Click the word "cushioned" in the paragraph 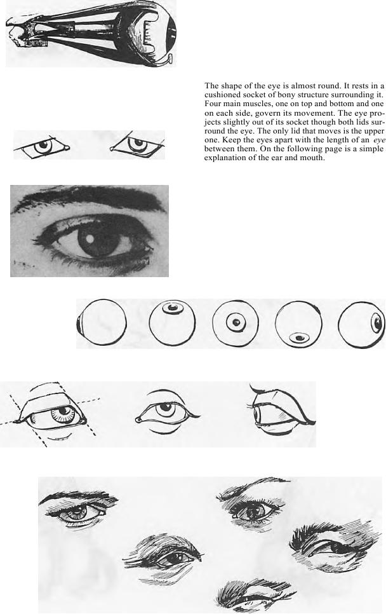222,95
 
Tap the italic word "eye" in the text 379,140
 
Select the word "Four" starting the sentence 212,104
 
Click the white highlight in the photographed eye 90,238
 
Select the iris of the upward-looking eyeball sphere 173,308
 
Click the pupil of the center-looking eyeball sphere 236,322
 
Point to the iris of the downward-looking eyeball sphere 300,338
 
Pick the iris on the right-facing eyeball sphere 377,323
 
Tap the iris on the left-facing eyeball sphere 80,324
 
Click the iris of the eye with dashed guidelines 63,414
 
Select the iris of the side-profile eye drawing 258,414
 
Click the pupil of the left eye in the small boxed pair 44,144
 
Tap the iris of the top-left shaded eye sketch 78,510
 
